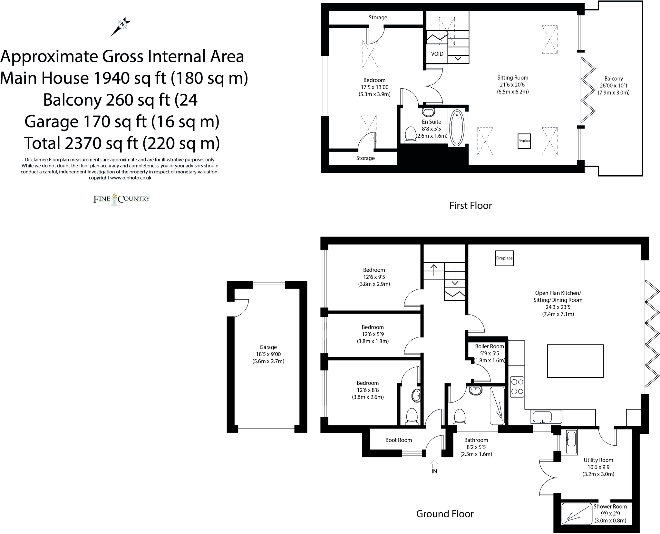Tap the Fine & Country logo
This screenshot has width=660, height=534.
[121, 199]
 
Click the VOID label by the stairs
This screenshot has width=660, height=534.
[437, 54]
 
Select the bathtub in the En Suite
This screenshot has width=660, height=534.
[456, 128]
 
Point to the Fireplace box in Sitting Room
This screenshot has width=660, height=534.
[524, 141]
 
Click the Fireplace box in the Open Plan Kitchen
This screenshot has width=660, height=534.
[504, 258]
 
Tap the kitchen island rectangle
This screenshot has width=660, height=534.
[575, 361]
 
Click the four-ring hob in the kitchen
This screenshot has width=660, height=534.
[517, 386]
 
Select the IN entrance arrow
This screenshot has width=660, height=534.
[434, 464]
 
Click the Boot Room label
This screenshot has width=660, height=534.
[399, 440]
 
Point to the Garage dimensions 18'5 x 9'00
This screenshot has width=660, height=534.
[268, 354]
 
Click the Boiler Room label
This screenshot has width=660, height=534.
[489, 346]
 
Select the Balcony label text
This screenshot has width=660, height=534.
[614, 79]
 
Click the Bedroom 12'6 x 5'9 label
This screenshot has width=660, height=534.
[373, 327]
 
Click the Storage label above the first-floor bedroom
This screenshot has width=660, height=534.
[378, 17]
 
